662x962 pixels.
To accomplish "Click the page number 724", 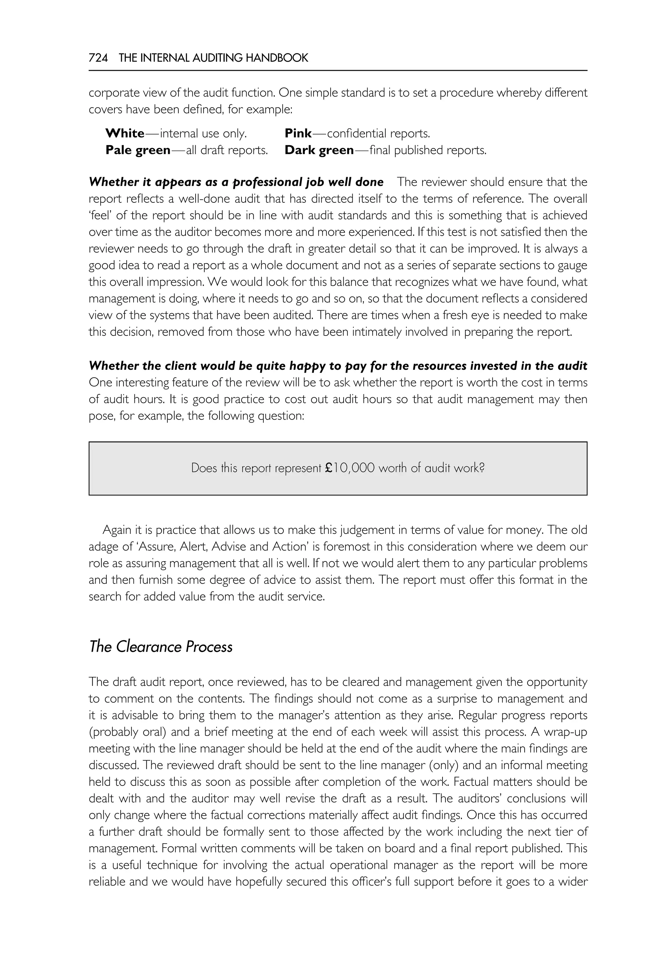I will tap(98, 58).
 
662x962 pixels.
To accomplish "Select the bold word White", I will tap(125, 133).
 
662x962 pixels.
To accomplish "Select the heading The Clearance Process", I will tap(161, 647).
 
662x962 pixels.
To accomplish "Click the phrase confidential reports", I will tap(378, 133).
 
